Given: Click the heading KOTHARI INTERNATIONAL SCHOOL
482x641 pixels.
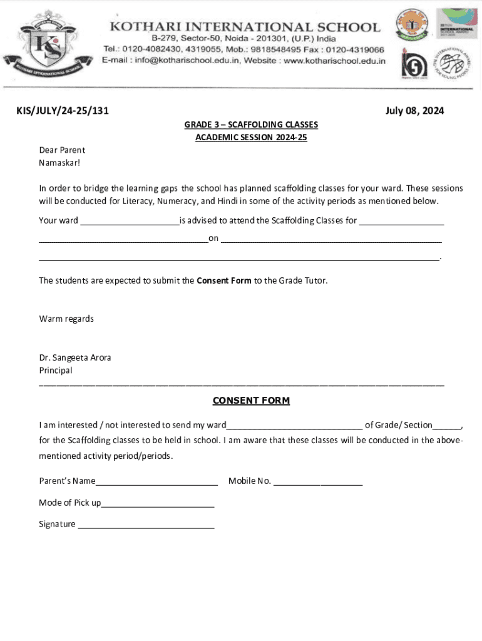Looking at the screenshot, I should click(245, 27).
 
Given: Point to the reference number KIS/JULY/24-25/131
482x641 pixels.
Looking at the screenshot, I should click(62, 111).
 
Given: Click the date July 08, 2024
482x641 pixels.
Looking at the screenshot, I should click(414, 111).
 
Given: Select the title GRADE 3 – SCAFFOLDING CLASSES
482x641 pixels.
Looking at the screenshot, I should click(251, 125).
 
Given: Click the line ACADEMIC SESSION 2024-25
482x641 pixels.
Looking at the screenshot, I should click(251, 137).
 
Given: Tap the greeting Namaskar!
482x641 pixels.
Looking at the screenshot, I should click(59, 163).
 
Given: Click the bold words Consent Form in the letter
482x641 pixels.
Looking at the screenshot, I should click(223, 280).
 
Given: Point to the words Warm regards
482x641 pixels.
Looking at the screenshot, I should click(66, 319).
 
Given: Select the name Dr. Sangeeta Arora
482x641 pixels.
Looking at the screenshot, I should click(75, 357).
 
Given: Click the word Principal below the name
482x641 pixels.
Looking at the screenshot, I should click(56, 370).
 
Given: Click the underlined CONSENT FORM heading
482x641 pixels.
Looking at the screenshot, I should click(251, 401).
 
